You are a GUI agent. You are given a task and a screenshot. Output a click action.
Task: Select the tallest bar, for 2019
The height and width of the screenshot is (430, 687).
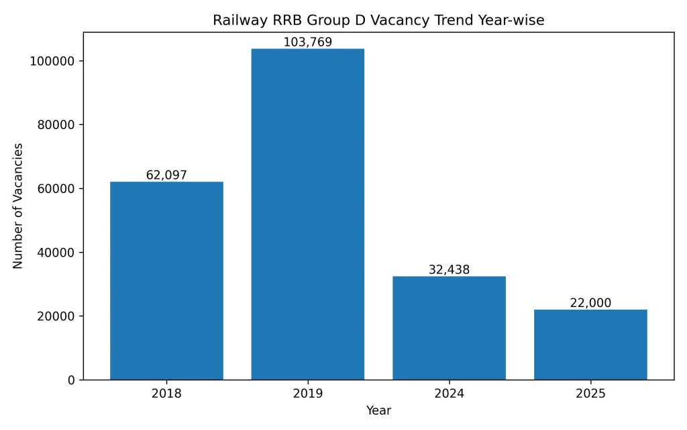click(308, 214)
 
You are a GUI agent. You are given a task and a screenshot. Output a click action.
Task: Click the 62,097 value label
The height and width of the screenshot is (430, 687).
click(166, 175)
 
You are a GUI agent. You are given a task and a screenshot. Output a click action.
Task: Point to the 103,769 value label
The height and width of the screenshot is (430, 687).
click(308, 42)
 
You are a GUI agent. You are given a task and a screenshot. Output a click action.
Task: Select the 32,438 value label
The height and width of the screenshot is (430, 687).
click(449, 270)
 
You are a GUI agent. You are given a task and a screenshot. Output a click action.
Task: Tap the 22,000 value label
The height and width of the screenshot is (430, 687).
click(590, 303)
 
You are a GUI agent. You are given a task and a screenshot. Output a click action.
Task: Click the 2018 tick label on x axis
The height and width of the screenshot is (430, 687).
click(166, 394)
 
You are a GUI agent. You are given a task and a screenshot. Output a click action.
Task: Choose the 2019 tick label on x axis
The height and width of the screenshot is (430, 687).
click(308, 394)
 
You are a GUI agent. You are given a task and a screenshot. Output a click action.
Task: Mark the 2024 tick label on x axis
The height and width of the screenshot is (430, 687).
click(449, 394)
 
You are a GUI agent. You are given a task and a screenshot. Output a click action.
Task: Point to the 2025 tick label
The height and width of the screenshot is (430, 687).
click(590, 394)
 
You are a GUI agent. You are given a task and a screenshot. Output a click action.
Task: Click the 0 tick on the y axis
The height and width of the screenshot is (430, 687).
click(72, 380)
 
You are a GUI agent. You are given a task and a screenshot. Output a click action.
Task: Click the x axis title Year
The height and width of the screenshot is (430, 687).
click(378, 410)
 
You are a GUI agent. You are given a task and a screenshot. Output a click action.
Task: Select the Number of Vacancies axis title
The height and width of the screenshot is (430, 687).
click(18, 206)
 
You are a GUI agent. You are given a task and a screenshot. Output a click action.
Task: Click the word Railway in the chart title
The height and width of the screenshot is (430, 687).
click(234, 20)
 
